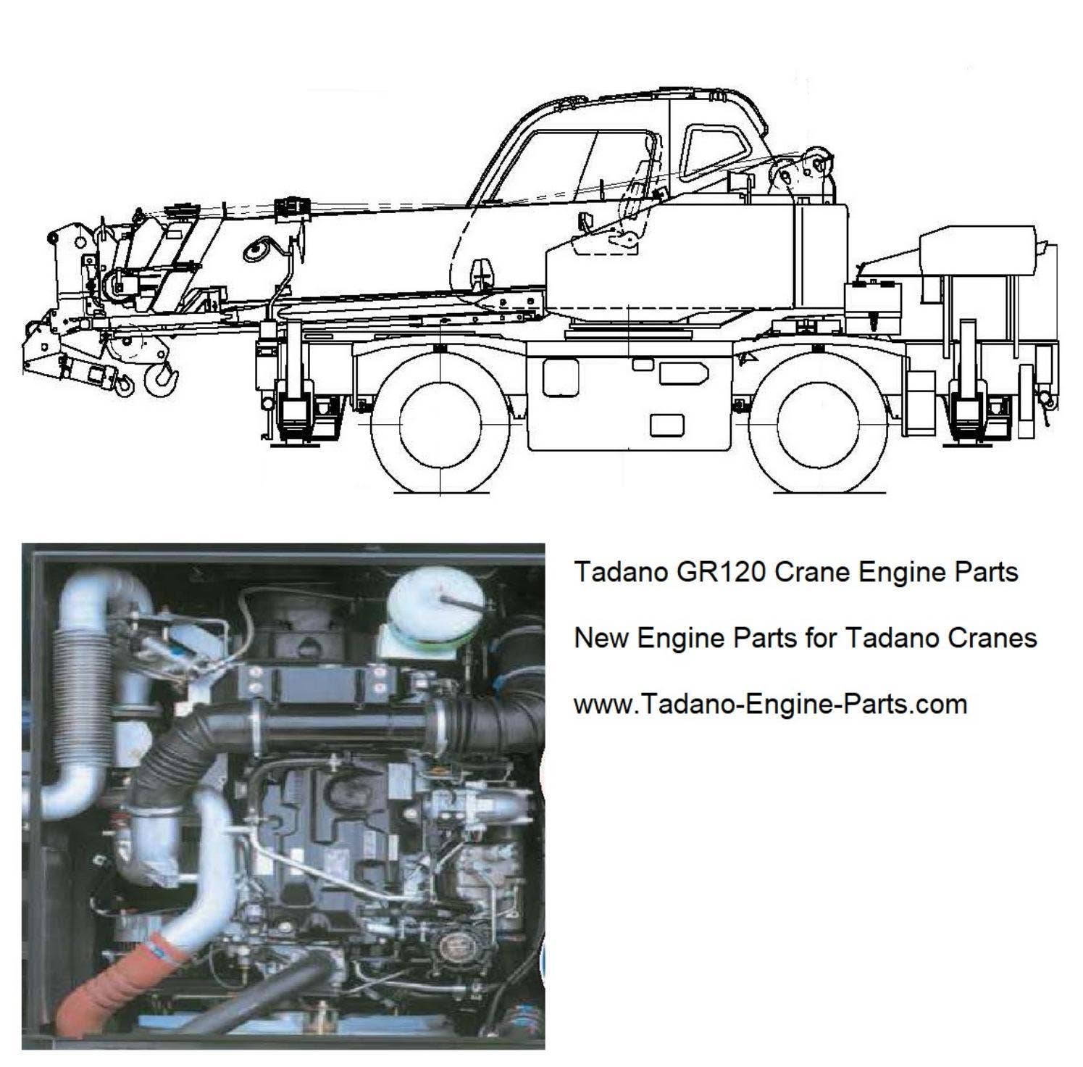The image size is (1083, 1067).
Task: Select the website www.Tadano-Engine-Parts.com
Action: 770,704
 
